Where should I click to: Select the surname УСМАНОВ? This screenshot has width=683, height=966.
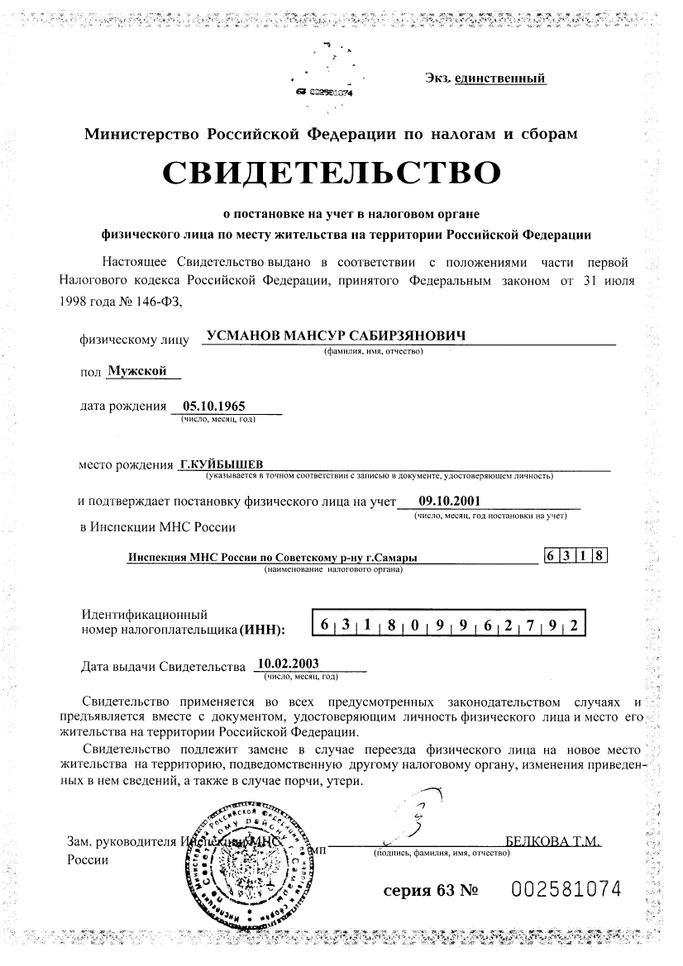[242, 336]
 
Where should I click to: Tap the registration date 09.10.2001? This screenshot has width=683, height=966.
[449, 499]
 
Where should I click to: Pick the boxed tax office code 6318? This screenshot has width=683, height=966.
[576, 556]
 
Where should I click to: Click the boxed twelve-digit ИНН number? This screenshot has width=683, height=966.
[447, 626]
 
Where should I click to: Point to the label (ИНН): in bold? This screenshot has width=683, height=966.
[261, 631]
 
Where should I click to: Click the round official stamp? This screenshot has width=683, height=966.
[246, 860]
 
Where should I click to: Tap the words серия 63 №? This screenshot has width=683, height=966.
[430, 891]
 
